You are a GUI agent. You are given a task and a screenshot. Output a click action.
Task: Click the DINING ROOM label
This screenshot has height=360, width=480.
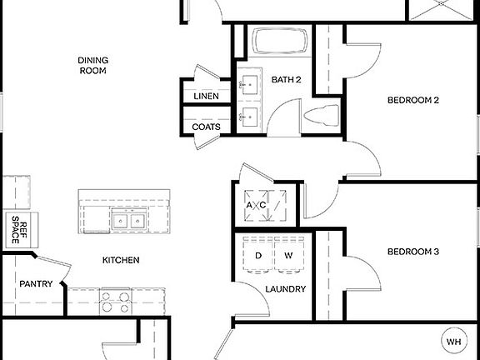[93, 65]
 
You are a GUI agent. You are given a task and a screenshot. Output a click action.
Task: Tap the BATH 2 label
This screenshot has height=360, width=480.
[286, 80]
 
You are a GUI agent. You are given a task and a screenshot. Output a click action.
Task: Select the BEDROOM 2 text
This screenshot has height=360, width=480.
[413, 101]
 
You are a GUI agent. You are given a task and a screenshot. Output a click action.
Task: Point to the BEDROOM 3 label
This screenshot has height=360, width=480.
[413, 252]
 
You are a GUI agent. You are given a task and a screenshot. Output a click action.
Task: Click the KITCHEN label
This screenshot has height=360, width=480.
[121, 260]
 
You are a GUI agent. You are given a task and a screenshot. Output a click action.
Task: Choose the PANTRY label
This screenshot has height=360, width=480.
[37, 284]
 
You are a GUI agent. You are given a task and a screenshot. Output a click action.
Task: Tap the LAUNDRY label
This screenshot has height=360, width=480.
[285, 289]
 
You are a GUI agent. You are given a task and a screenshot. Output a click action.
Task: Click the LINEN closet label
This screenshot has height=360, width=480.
[206, 97]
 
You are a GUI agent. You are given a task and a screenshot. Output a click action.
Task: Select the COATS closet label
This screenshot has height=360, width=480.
[206, 127]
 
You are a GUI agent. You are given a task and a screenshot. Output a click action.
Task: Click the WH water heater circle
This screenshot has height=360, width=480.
[453, 342]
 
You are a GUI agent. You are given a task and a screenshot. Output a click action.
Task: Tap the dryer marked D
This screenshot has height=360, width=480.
[257, 256]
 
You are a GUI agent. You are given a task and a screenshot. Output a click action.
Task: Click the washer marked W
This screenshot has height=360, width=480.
[289, 256]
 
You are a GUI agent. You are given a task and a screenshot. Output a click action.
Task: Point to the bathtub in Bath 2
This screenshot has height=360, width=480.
[280, 42]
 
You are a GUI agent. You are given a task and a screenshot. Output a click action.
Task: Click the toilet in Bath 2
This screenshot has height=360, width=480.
[322, 116]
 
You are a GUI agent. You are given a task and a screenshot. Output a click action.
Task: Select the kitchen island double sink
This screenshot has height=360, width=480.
[127, 221]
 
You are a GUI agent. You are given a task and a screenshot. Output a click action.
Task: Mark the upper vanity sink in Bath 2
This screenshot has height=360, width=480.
[248, 83]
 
